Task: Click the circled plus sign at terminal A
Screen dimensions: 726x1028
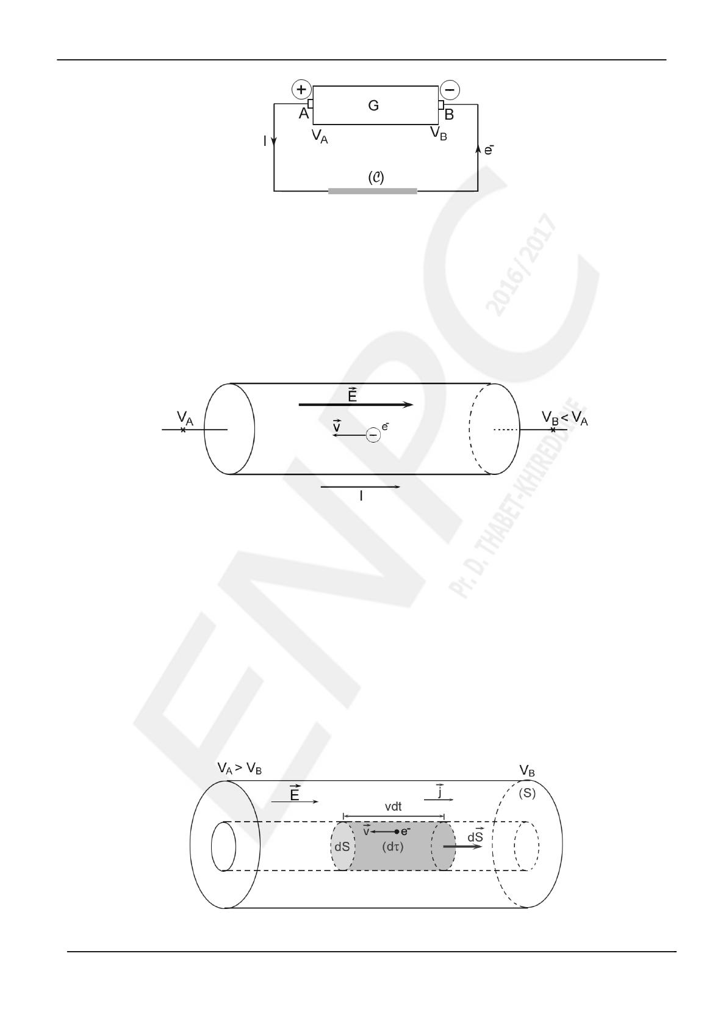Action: [301, 90]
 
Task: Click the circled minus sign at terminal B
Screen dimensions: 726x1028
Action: [450, 90]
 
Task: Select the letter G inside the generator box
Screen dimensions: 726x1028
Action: [373, 106]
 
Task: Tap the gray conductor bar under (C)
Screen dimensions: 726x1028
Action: [372, 191]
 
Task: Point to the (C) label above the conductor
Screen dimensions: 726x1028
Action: [376, 178]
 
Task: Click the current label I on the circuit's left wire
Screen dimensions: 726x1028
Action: [265, 142]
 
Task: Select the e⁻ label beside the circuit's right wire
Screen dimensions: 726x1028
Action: [489, 150]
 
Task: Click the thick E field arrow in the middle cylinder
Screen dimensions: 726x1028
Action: [356, 405]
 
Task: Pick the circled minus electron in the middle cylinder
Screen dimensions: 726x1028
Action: [373, 435]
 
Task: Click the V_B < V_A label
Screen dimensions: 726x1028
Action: [564, 418]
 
